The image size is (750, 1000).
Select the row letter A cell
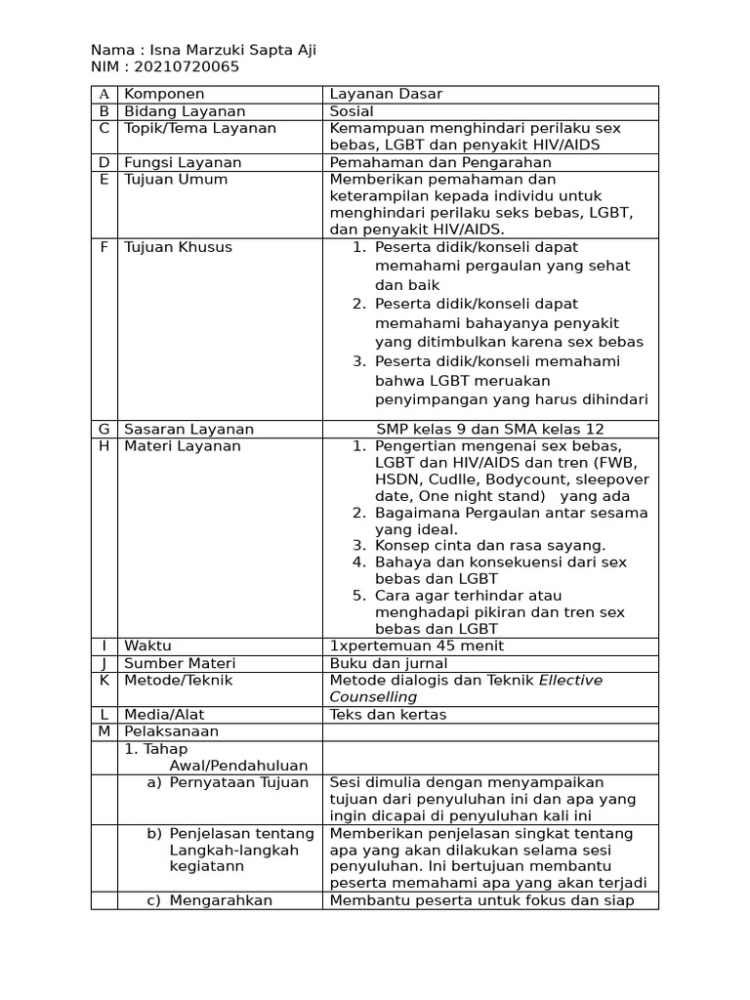tap(104, 95)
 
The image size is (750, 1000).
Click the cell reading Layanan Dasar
tap(386, 95)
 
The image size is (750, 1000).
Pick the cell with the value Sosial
tap(352, 111)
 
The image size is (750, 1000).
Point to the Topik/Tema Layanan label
tap(199, 129)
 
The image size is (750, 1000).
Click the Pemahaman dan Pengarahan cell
tap(440, 162)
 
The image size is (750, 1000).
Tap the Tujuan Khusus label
tap(178, 247)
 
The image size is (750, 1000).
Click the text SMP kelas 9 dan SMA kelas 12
tap(490, 429)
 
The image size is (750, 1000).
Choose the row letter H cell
tap(104, 446)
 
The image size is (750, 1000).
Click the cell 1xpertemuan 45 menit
tap(417, 646)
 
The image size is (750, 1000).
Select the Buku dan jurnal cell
tap(388, 664)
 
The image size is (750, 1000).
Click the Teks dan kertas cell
tap(388, 715)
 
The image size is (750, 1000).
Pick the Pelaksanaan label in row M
tap(171, 731)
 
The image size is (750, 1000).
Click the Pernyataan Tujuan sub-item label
tap(238, 782)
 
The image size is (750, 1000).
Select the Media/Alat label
tap(164, 715)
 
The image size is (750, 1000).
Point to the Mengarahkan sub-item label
tap(220, 900)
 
